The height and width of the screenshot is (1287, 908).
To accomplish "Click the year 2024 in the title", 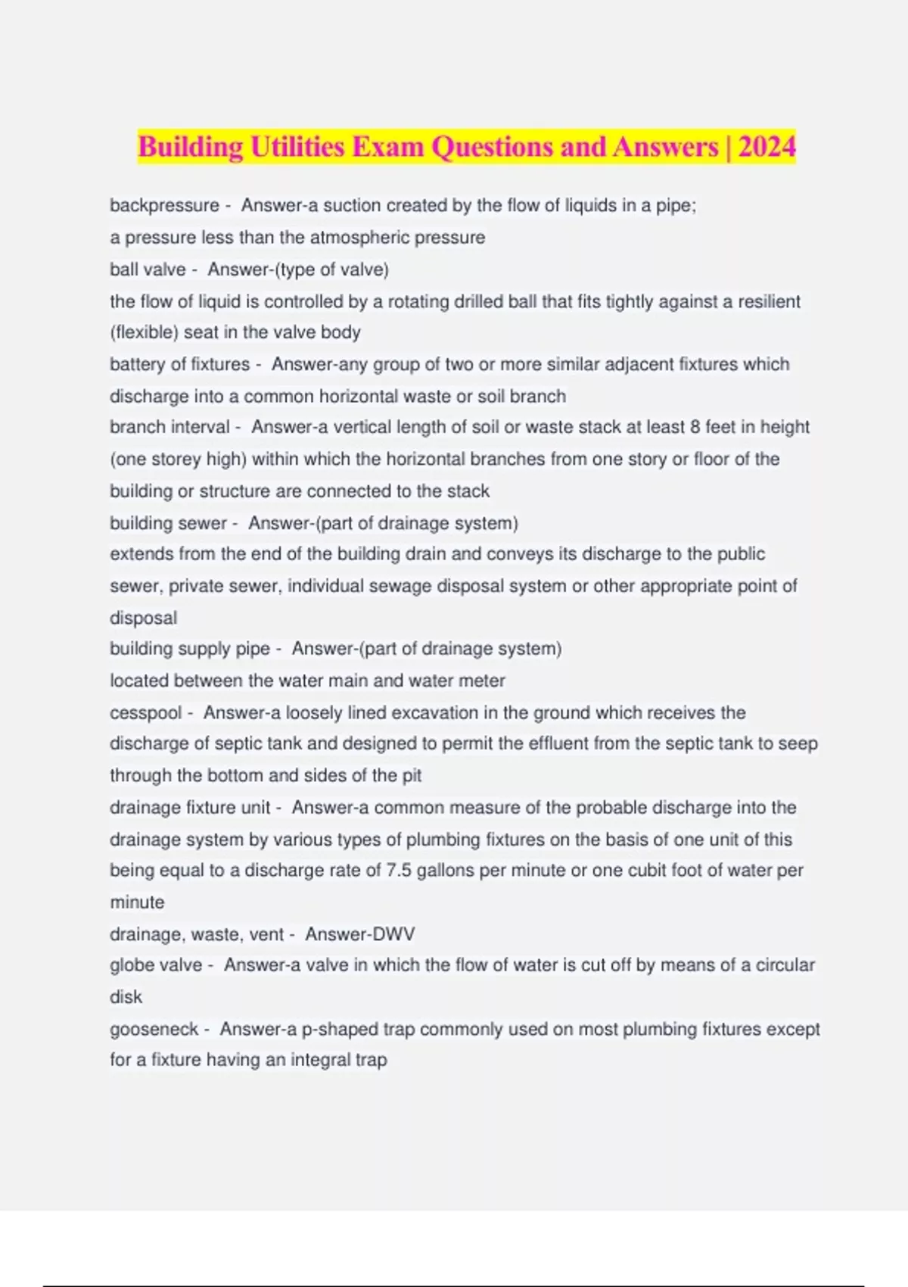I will click(x=767, y=146).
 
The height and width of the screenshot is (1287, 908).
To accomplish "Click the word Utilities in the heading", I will click(x=297, y=146).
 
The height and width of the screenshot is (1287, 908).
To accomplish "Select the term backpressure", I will click(x=164, y=205).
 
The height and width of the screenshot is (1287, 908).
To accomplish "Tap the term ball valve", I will click(x=148, y=270).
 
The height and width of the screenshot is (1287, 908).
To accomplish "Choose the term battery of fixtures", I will click(x=179, y=364).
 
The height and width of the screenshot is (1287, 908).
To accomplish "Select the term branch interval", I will click(x=169, y=427).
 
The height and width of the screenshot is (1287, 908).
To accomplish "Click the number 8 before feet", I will click(x=695, y=427).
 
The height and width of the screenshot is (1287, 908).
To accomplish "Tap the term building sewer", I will click(x=168, y=523).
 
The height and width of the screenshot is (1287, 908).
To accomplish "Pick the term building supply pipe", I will click(x=190, y=649).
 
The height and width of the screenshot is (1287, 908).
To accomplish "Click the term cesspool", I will click(x=146, y=713).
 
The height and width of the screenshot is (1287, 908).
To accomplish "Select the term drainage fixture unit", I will click(x=190, y=808).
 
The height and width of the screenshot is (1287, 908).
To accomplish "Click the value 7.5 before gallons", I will click(x=399, y=871).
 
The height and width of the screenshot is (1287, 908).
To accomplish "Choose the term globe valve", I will click(x=156, y=965).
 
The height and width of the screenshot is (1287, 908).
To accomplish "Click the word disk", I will click(x=126, y=997).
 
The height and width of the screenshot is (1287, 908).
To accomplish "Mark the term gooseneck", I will click(x=154, y=1030).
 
